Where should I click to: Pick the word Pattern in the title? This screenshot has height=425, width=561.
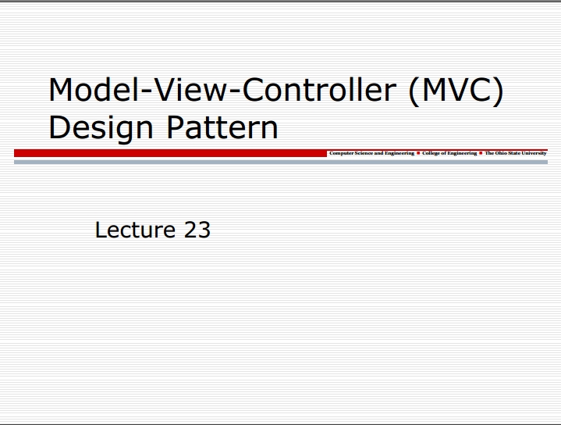(x=222, y=127)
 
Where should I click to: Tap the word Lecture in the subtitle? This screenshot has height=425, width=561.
(x=135, y=230)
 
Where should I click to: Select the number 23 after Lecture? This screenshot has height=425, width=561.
(x=197, y=230)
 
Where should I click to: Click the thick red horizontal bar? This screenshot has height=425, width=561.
(x=170, y=153)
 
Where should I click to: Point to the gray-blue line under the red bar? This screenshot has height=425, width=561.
(x=281, y=162)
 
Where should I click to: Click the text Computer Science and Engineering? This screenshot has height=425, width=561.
(x=371, y=153)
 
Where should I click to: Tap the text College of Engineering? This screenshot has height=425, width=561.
(x=449, y=153)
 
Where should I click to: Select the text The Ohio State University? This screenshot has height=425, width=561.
(x=516, y=153)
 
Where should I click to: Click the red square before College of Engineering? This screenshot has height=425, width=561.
(x=418, y=153)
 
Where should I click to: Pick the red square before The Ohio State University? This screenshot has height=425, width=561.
(x=481, y=153)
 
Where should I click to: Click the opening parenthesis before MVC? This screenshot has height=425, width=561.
(x=414, y=91)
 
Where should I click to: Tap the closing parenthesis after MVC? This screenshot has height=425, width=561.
(x=498, y=91)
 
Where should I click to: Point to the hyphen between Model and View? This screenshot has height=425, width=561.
(x=146, y=92)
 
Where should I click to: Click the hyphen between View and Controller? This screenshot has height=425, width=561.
(x=234, y=92)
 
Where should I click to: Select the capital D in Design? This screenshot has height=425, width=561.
(x=59, y=127)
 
